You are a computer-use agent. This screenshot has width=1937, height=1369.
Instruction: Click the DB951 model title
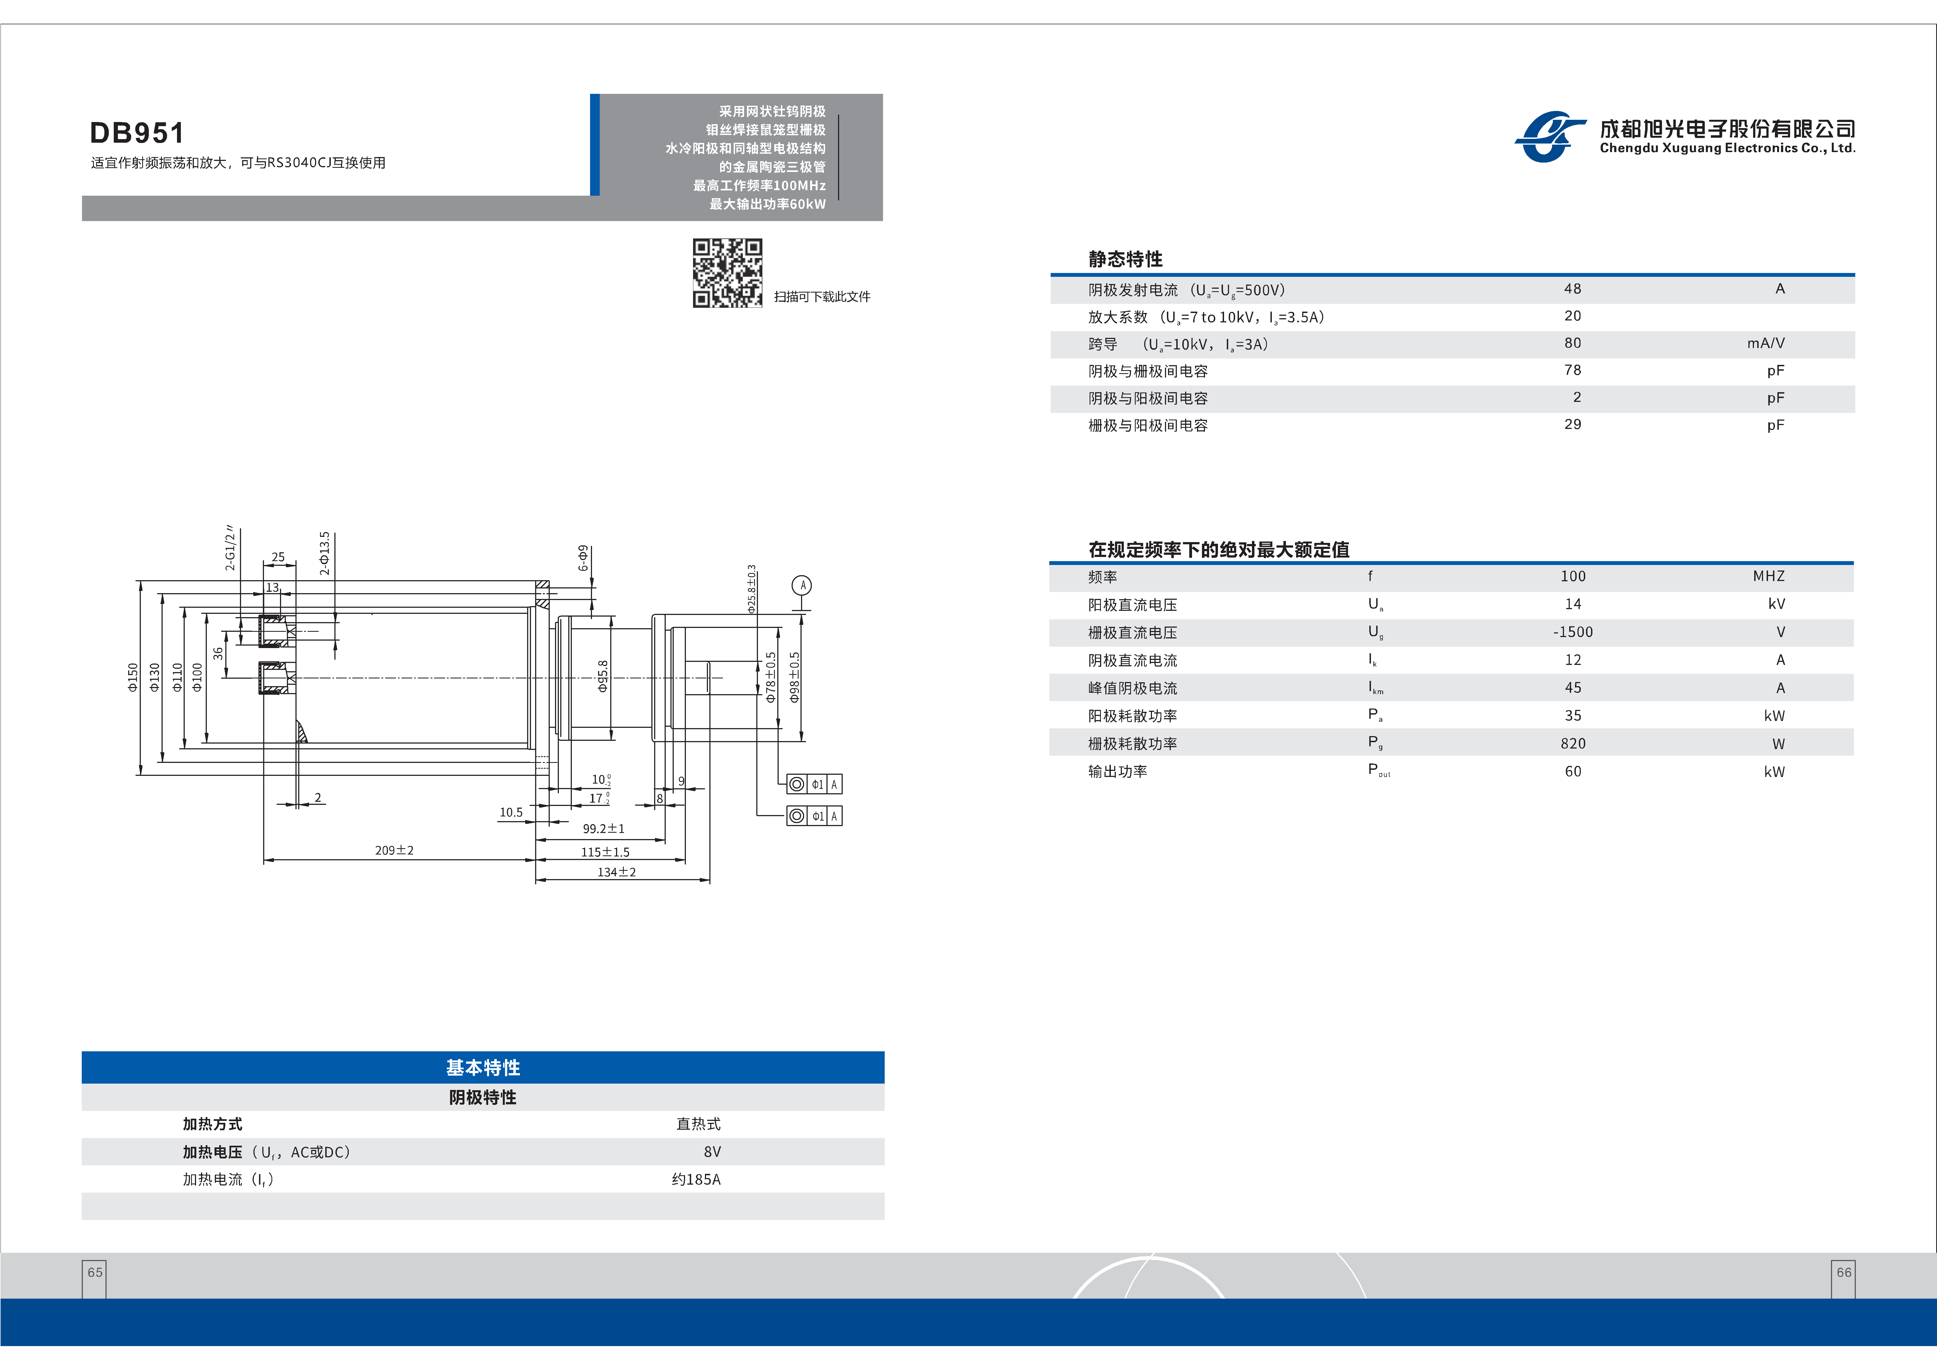tap(137, 133)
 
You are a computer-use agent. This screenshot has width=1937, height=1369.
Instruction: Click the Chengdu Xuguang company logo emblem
tap(1549, 137)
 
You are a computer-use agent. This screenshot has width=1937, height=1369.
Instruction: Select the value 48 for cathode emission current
tap(1573, 289)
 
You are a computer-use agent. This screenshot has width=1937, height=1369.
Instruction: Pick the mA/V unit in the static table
tap(1766, 343)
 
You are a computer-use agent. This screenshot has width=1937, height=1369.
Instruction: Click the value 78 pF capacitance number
tap(1573, 370)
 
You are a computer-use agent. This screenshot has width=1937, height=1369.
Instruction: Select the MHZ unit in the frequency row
tap(1768, 576)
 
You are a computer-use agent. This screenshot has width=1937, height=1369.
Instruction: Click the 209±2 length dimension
tap(394, 850)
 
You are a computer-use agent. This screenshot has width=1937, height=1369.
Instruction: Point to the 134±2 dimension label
tap(617, 872)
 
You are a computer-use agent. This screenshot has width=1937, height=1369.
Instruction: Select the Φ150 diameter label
tap(133, 677)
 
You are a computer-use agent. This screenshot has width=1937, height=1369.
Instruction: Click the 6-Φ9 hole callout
tap(583, 558)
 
